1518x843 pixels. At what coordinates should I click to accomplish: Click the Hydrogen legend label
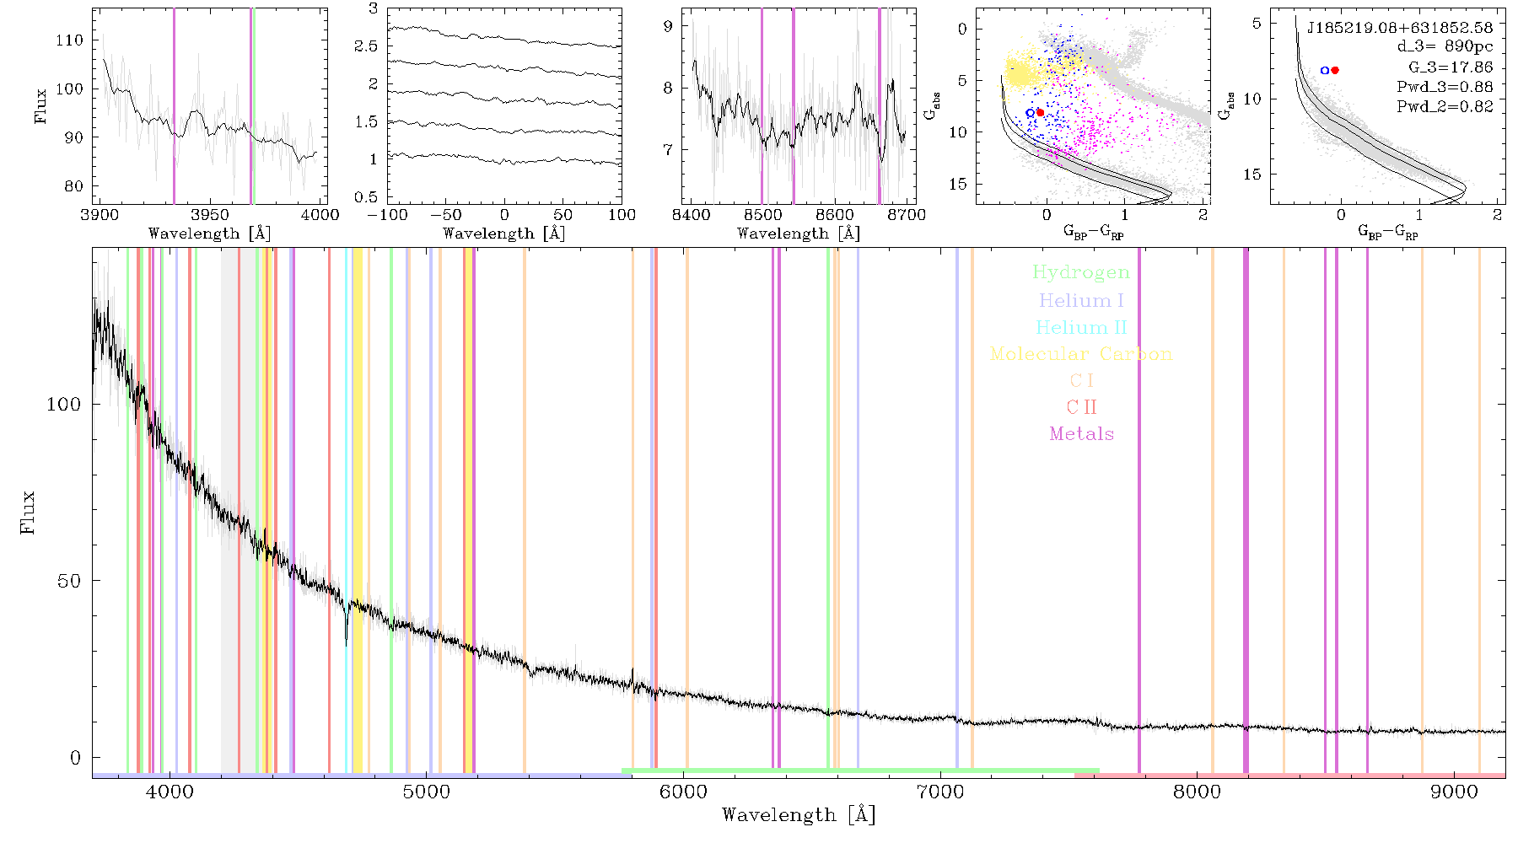1080,272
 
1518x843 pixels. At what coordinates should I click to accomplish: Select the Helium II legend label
1080,327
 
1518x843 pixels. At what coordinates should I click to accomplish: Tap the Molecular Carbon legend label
1080,354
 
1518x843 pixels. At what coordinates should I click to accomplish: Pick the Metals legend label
1081,434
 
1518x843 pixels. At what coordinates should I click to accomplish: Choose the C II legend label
1081,407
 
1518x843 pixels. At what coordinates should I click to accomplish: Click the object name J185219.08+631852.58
1400,27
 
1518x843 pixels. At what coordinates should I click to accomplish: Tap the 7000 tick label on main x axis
939,792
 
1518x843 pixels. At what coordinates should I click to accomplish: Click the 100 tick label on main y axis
63,404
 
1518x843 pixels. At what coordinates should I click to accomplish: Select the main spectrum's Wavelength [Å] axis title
799,815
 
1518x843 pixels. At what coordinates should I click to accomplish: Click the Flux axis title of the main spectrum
28,512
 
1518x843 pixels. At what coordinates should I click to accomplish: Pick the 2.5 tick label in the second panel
366,46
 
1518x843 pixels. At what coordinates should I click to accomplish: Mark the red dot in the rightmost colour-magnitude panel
1335,70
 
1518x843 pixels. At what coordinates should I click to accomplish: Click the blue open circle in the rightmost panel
1325,70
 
